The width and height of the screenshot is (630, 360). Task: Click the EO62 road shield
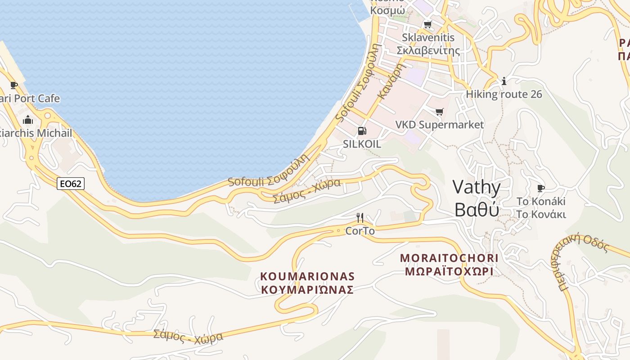71,183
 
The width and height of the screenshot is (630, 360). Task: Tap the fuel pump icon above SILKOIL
361,131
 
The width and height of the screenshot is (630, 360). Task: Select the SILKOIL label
362,144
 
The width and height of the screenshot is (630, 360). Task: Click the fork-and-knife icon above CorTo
360,218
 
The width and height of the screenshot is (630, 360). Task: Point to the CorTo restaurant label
360,231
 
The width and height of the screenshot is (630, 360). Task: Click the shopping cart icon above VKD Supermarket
439,112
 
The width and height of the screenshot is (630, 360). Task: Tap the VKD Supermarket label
439,125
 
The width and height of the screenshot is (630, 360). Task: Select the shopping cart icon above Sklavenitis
427,24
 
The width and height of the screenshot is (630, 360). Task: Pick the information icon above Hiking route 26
504,81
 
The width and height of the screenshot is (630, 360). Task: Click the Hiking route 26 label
504,94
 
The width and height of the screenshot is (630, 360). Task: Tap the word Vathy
477,187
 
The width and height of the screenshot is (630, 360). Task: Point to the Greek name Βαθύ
477,210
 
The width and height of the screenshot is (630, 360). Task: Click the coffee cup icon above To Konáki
541,188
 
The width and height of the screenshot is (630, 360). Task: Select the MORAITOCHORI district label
449,258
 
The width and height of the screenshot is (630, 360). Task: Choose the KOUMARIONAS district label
307,276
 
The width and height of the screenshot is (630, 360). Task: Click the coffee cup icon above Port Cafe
14,85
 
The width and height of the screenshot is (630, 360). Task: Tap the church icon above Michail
28,120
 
